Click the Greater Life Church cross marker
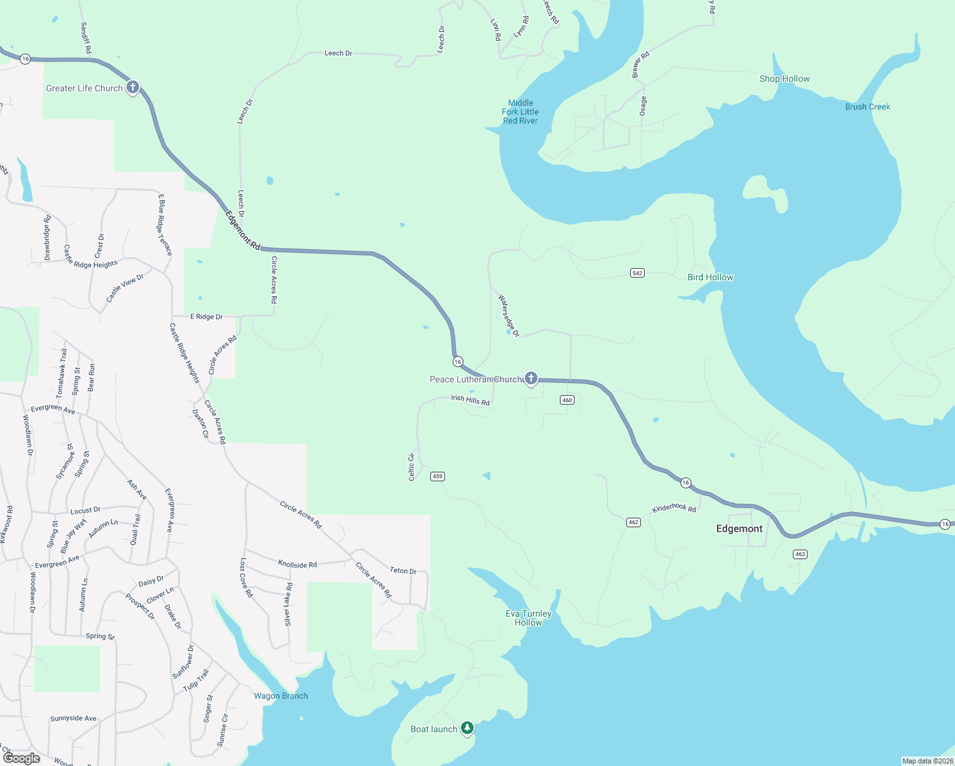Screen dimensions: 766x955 (x=133, y=87)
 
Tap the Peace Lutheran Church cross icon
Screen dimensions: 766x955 (x=530, y=379)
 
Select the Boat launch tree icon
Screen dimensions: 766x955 (x=467, y=728)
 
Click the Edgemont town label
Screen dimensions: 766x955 (x=739, y=529)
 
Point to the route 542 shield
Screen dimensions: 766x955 (x=637, y=273)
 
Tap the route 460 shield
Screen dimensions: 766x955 (x=567, y=400)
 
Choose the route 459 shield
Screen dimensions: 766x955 (x=437, y=476)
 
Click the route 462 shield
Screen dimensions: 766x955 (x=633, y=522)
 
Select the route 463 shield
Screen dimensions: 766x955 (x=800, y=554)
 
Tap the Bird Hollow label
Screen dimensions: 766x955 (x=711, y=277)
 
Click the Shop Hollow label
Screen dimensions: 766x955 (x=785, y=79)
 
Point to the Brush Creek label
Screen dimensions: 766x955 (x=868, y=107)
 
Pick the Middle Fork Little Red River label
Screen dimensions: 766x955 (x=520, y=112)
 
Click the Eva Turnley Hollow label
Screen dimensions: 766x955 (x=529, y=618)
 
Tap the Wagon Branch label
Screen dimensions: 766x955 (x=281, y=696)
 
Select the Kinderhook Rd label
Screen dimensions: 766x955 (x=674, y=507)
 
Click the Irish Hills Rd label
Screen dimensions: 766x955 (x=470, y=400)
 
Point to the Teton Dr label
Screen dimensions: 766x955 (x=403, y=570)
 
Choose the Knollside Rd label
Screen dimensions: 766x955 (x=297, y=564)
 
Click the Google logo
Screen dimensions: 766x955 (x=22, y=758)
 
